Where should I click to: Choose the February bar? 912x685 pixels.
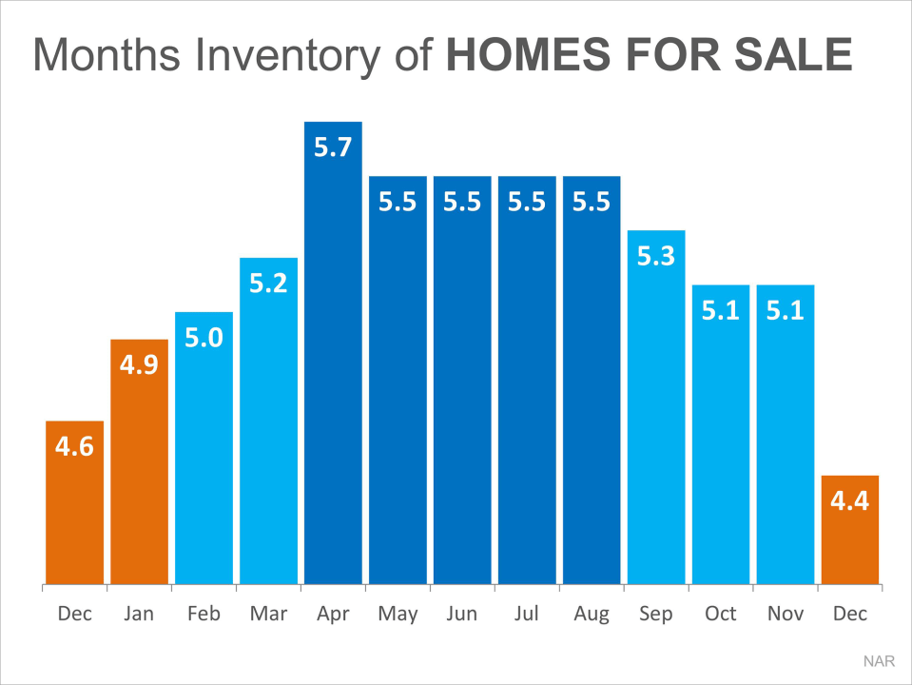pyautogui.click(x=204, y=447)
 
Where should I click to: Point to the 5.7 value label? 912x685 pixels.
pyautogui.click(x=333, y=147)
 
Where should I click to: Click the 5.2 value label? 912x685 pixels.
pyautogui.click(x=268, y=284)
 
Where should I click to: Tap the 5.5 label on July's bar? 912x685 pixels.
pyautogui.click(x=527, y=203)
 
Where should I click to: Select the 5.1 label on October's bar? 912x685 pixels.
pyautogui.click(x=721, y=311)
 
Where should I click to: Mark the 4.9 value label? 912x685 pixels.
pyautogui.click(x=139, y=365)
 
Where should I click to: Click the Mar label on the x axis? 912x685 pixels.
pyautogui.click(x=268, y=614)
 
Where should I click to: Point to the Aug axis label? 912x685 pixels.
pyautogui.click(x=592, y=614)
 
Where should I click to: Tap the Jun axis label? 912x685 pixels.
pyautogui.click(x=462, y=614)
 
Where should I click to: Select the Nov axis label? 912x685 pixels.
pyautogui.click(x=786, y=614)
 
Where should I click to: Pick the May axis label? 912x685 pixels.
pyautogui.click(x=398, y=614)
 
